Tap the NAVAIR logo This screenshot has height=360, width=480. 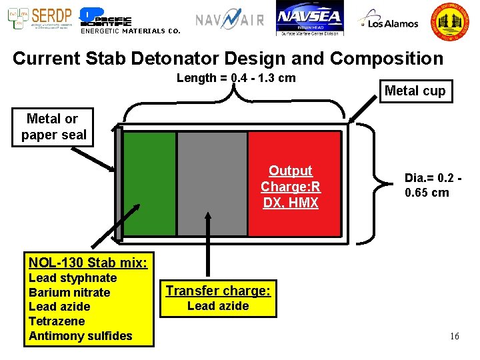[x=230, y=20]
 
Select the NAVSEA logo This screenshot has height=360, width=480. [x=309, y=20]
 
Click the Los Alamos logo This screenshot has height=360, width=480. [x=388, y=21]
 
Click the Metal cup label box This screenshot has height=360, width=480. [x=415, y=91]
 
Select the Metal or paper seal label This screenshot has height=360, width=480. [x=53, y=127]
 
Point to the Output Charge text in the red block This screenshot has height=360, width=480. [x=291, y=187]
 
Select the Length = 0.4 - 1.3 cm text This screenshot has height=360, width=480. [x=236, y=78]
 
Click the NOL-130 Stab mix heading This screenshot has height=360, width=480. [x=88, y=262]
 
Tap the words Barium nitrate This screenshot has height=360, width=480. [x=69, y=293]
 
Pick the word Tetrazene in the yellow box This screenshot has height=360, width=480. [x=57, y=321]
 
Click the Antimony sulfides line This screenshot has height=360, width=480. [x=81, y=336]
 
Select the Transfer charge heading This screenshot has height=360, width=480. [x=218, y=291]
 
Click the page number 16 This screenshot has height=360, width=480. [x=454, y=336]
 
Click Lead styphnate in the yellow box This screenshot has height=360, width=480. [x=73, y=278]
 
